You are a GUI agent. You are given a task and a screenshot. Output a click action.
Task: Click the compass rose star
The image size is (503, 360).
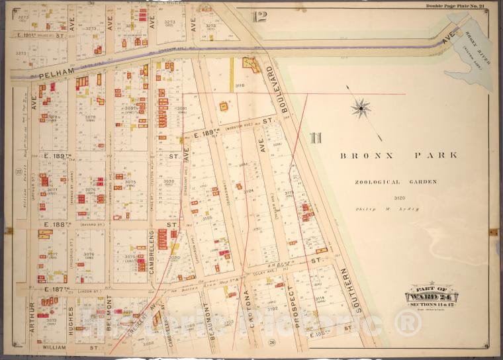[361, 108]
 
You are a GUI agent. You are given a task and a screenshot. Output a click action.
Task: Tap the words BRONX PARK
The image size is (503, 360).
[398, 156]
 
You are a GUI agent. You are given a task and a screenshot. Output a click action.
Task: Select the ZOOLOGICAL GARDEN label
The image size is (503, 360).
[395, 182]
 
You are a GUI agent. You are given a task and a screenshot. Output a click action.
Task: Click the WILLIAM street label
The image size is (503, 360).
[54, 347]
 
